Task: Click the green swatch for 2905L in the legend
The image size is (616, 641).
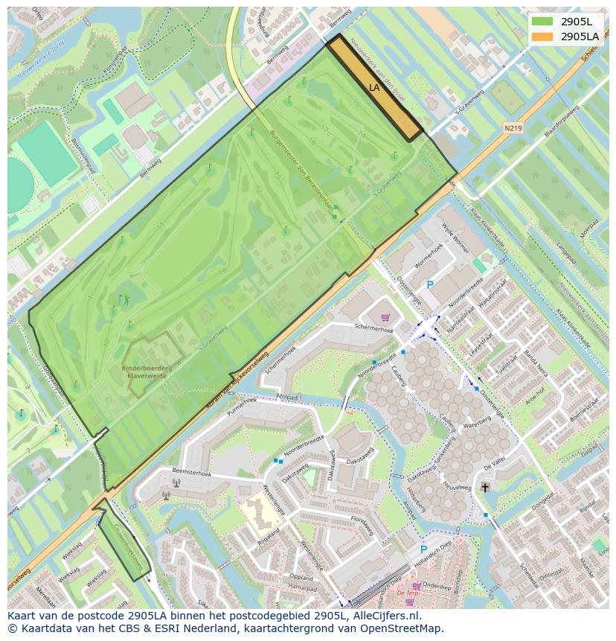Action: pyautogui.click(x=542, y=21)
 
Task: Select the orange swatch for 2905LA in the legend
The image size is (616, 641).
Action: pyautogui.click(x=542, y=36)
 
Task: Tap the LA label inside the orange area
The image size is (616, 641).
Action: pyautogui.click(x=374, y=87)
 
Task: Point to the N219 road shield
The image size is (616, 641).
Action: pyautogui.click(x=513, y=128)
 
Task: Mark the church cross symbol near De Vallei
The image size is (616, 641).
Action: pyautogui.click(x=485, y=488)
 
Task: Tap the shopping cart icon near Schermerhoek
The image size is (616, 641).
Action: pyautogui.click(x=385, y=317)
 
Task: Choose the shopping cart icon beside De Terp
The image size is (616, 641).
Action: pyautogui.click(x=416, y=585)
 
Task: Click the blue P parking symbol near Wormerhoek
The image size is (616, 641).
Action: pyautogui.click(x=429, y=284)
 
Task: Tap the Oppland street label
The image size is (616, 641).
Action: pyautogui.click(x=301, y=577)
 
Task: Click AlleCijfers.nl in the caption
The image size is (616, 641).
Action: pyautogui.click(x=385, y=616)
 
